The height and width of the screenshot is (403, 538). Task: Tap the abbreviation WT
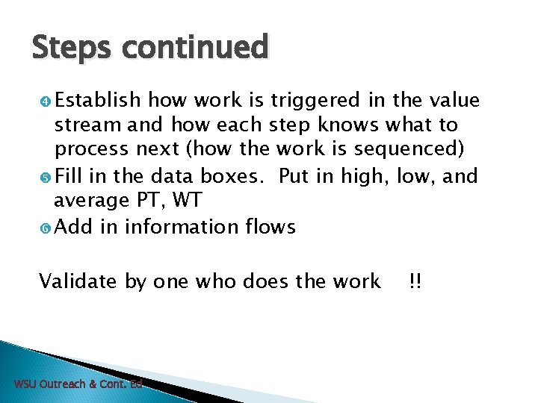click(187, 201)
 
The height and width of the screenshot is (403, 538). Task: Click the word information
click(183, 226)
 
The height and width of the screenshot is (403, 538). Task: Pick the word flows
click(271, 226)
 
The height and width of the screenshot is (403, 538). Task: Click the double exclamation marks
click(415, 281)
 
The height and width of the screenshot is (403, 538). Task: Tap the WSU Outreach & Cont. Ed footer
click(78, 384)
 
